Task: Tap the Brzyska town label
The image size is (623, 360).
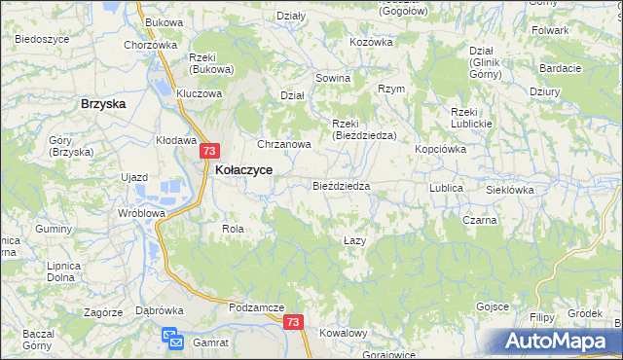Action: [106, 103]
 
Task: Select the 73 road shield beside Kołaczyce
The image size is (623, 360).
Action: [211, 152]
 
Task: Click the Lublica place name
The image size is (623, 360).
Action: [446, 187]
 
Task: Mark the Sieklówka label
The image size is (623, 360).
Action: [509, 190]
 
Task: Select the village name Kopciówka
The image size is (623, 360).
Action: [441, 149]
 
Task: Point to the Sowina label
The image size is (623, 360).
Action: [332, 78]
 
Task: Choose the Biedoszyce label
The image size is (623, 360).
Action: [42, 39]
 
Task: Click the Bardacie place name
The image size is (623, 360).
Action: [560, 68]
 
